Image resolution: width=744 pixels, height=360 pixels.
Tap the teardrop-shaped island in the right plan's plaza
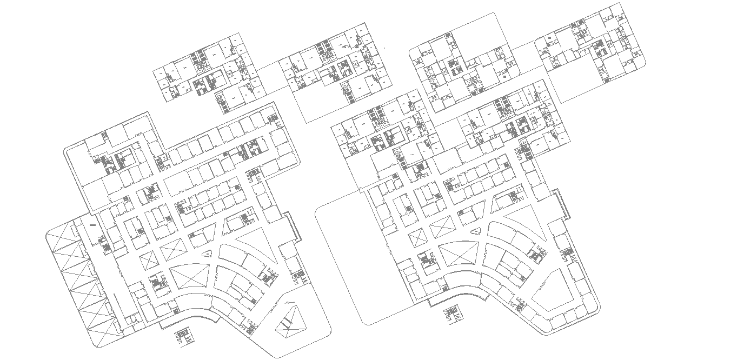476,231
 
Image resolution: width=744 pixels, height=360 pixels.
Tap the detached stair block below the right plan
450,315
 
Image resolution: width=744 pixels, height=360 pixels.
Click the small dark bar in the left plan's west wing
92,224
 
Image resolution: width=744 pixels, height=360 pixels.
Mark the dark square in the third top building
504,77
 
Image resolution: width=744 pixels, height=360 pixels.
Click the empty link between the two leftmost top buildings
269,76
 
